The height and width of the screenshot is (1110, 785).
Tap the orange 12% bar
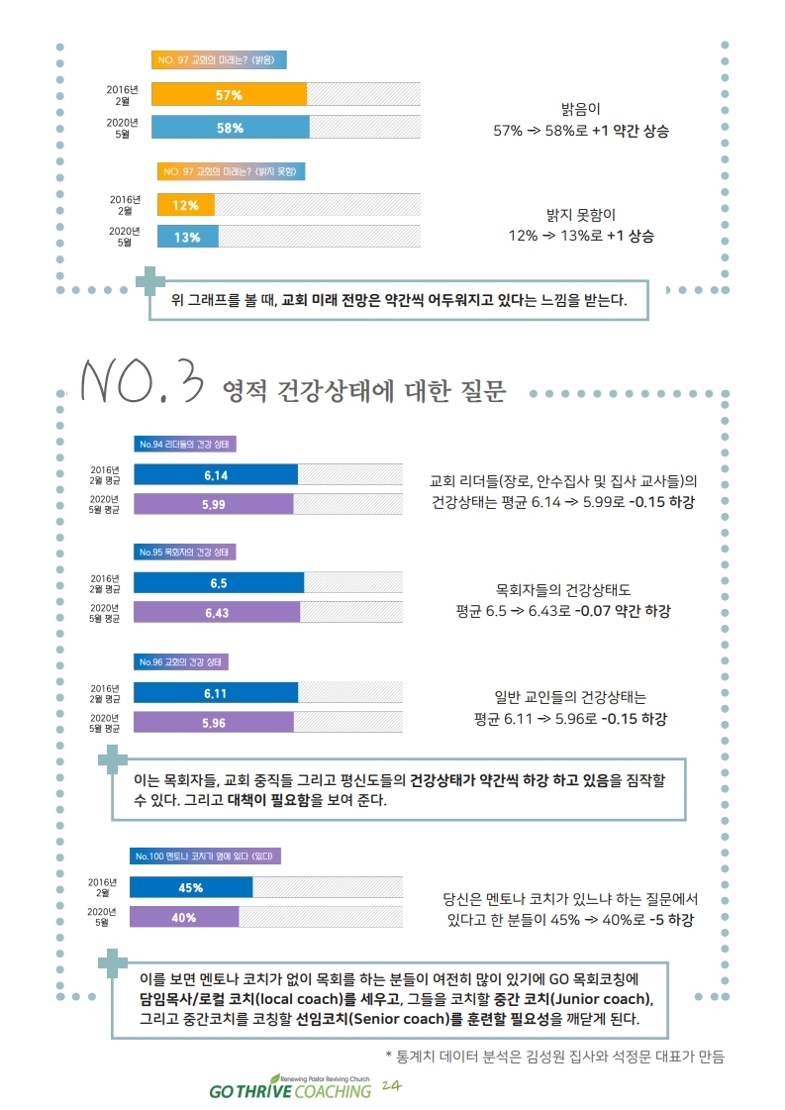coord(185,205)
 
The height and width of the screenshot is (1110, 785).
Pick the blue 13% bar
coord(187,237)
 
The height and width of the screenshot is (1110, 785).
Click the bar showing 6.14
coord(216,475)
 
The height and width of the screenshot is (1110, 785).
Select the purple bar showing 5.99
coord(214,505)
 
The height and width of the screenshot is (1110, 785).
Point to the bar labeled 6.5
coord(219,582)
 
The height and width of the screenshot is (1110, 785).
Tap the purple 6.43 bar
coord(217,613)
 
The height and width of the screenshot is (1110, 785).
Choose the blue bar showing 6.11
coord(216,692)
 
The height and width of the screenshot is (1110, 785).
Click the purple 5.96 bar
coord(214,723)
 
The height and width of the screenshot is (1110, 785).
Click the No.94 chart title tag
coord(185,444)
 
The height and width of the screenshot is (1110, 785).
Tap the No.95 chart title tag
coord(185,552)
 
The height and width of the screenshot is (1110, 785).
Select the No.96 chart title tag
coord(185,661)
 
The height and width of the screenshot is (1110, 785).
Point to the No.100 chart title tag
coord(207,856)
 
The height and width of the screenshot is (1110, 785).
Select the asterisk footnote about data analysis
coord(554,1056)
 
